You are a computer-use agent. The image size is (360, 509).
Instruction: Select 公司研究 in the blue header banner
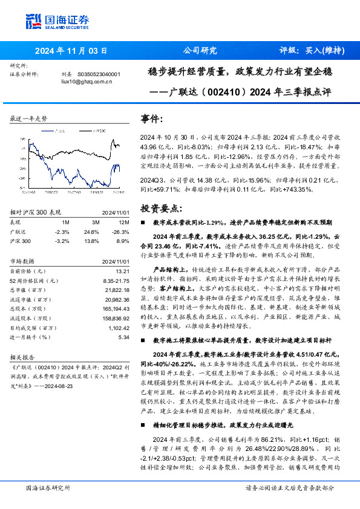click(x=200, y=51)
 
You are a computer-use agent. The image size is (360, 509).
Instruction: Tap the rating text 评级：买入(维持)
click(x=309, y=51)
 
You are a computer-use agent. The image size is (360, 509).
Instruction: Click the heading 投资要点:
click(x=160, y=207)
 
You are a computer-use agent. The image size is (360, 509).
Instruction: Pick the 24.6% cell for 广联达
click(x=91, y=232)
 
